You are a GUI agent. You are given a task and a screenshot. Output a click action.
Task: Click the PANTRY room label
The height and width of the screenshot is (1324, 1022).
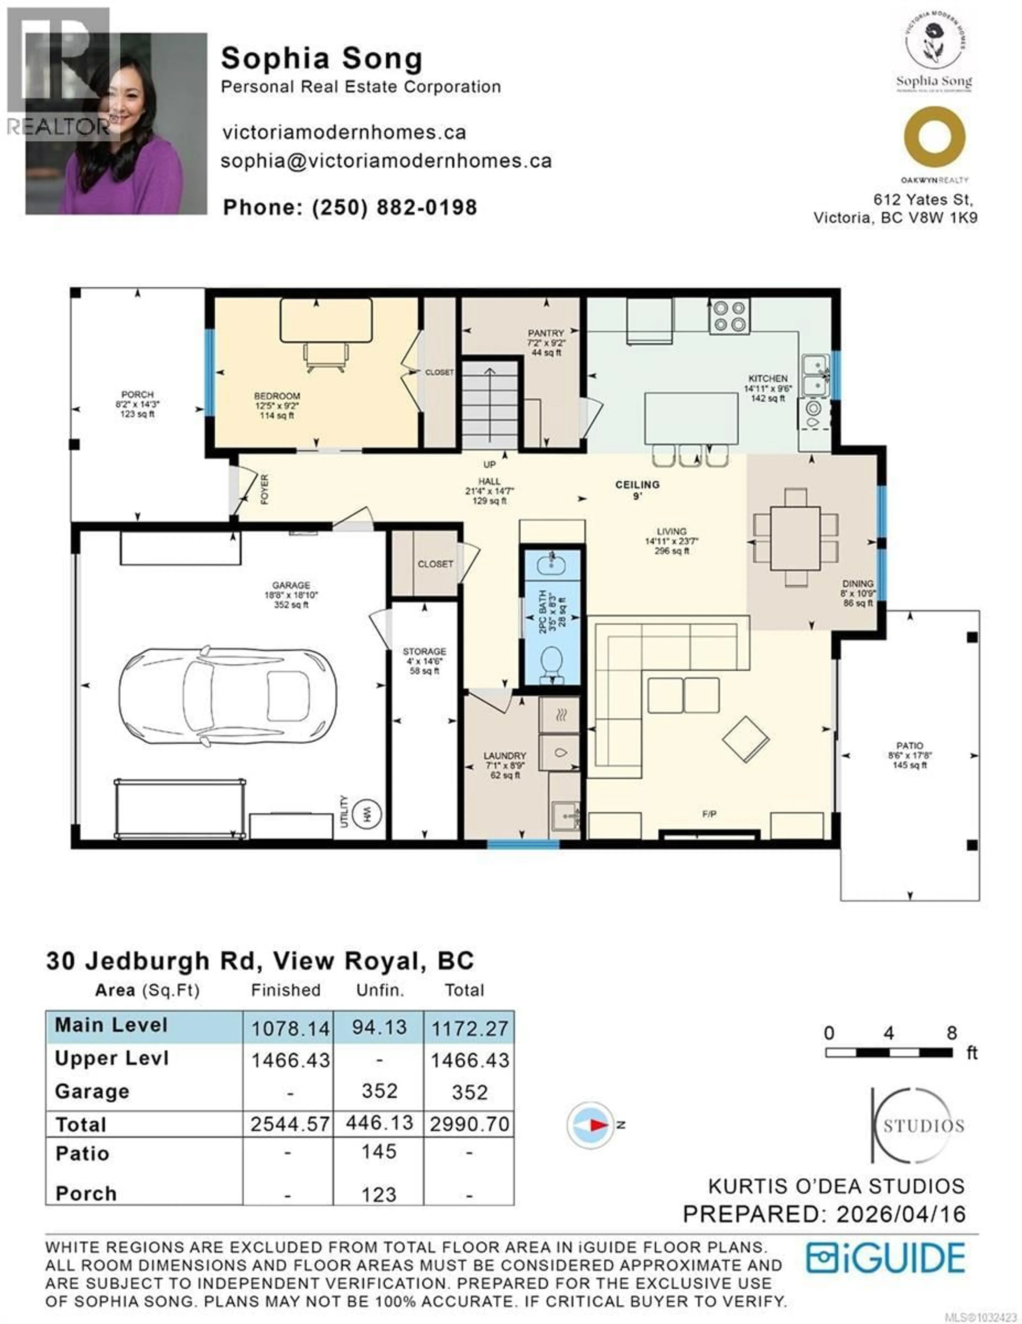545,333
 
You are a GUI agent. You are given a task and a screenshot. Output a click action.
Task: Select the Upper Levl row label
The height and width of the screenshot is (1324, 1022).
112,1058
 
